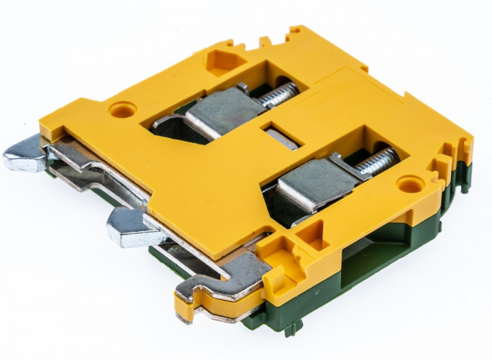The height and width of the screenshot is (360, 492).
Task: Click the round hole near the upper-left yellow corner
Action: coord(123,110)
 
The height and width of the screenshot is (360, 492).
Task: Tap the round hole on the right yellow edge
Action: coord(409,184)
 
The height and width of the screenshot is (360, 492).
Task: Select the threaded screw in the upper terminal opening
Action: coord(277,95)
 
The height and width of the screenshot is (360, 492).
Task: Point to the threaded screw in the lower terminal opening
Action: coord(377,162)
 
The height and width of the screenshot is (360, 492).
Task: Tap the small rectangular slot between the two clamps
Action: coord(280,136)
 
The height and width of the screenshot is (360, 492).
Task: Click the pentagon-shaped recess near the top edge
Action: coord(223,60)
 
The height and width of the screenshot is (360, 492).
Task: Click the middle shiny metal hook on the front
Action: coord(129,228)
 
